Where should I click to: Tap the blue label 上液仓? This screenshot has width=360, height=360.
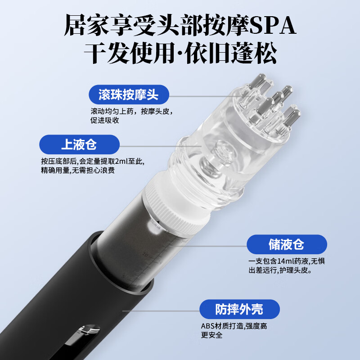coord(79,144)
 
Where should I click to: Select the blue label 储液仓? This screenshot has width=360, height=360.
coord(286,244)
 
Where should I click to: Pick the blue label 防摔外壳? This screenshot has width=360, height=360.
coord(239,309)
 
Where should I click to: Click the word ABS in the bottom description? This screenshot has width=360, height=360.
coord(207,326)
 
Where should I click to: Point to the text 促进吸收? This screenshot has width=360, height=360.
coord(105,120)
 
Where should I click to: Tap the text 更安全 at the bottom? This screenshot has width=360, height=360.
coord(211,335)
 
